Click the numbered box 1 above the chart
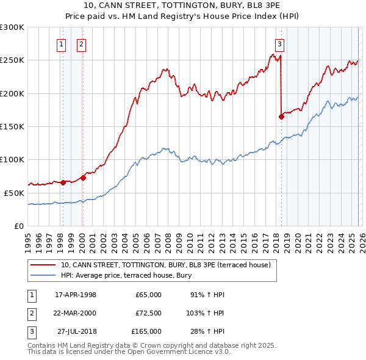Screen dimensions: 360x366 pyautogui.click(x=62, y=43)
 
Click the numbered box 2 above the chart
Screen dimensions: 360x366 pyautogui.click(x=81, y=43)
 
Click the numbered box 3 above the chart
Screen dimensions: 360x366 pyautogui.click(x=279, y=43)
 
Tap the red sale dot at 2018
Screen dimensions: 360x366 pyautogui.click(x=281, y=117)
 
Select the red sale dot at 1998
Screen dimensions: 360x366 pyautogui.click(x=63, y=182)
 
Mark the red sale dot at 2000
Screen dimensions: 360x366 pyautogui.click(x=84, y=178)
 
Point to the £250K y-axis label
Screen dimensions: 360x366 pyautogui.click(x=12, y=60)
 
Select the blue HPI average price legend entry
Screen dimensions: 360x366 pyautogui.click(x=126, y=275)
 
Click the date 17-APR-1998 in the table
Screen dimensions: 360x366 pyautogui.click(x=76, y=295)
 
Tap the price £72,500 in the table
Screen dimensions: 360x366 pyautogui.click(x=148, y=313)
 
